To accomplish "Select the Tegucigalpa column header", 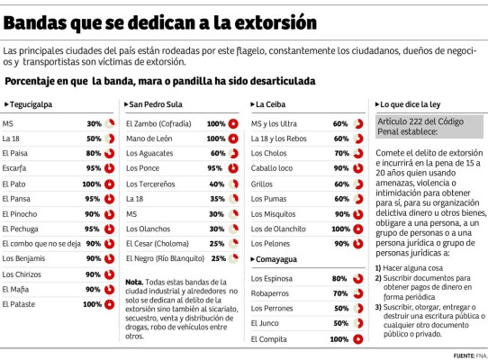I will (x=31, y=104).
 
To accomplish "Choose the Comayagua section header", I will (x=277, y=258).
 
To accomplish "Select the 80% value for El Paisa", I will (x=94, y=153).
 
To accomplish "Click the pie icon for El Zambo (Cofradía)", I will (x=233, y=122).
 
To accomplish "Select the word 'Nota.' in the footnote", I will (x=135, y=282).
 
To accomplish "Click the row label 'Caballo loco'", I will (x=273, y=168).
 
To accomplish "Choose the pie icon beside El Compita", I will (x=357, y=339).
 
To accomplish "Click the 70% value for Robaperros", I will (x=340, y=293).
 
